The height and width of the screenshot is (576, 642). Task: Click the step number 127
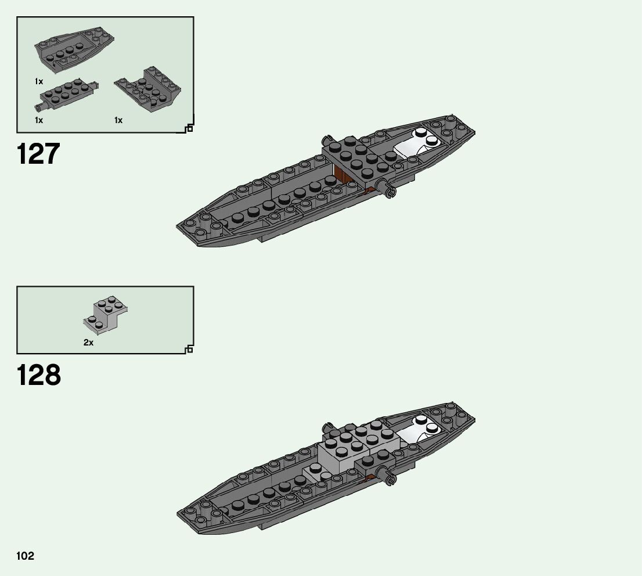pos(38,154)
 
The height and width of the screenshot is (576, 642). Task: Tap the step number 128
pos(38,375)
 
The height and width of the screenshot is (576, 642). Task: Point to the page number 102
pos(25,556)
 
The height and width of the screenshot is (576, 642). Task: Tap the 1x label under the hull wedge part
pos(39,82)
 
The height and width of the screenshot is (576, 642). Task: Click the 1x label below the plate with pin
pos(39,120)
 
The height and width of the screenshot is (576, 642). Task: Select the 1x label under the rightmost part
pos(118,120)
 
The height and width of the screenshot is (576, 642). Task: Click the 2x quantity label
pos(88,343)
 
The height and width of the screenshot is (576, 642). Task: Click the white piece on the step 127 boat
pos(419,144)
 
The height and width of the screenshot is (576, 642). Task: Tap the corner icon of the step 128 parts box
pos(189,349)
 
